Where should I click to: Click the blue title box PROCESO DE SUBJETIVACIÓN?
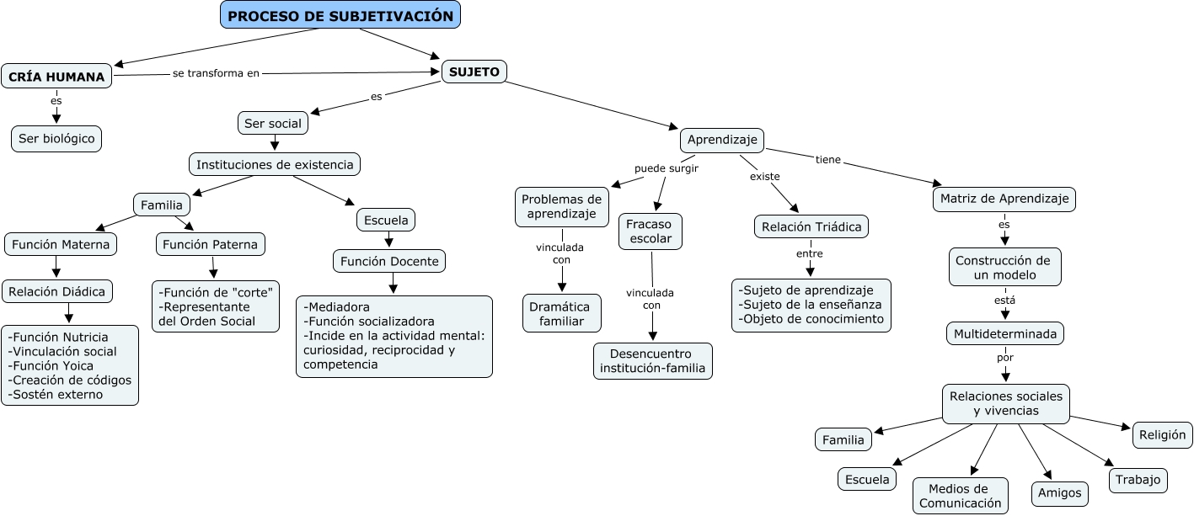(340, 15)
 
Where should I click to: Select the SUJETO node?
(474, 72)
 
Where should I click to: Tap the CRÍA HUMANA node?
(56, 77)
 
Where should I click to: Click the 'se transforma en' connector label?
(216, 73)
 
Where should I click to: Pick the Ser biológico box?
(56, 139)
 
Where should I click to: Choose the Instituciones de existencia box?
(275, 164)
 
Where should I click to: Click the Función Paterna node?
(211, 244)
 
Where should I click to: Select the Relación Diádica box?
(57, 292)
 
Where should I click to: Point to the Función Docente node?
(389, 261)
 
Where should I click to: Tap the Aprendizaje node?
(722, 139)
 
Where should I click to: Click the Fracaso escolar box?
(651, 231)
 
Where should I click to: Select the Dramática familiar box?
(561, 313)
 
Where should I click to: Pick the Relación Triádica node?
(811, 226)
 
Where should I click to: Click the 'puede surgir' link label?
(667, 168)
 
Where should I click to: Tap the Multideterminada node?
(1004, 333)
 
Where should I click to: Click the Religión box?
(1162, 434)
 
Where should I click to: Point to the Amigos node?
(1059, 494)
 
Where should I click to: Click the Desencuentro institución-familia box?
(652, 360)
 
